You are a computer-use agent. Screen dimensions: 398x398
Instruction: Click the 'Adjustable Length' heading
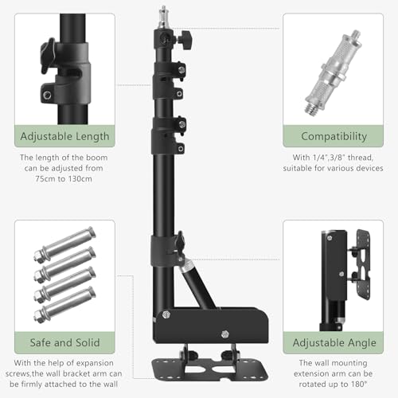point(64,136)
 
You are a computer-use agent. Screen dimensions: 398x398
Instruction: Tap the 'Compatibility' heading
point(334,136)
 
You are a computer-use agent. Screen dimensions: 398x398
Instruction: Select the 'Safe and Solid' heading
point(64,342)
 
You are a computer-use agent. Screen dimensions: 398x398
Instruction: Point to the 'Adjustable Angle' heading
point(334,343)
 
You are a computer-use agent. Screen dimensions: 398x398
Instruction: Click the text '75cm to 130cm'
point(64,179)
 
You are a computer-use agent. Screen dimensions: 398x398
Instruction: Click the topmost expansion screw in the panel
point(65,244)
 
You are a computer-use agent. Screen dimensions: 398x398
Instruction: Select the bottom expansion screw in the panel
point(65,305)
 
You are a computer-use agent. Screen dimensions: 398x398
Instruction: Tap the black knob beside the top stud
point(185,39)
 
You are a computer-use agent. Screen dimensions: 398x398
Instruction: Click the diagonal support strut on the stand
point(197,285)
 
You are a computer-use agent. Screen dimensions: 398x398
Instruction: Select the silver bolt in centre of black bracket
point(225,334)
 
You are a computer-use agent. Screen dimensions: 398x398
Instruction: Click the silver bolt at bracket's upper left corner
point(166,314)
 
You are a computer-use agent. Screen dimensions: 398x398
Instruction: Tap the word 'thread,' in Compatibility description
point(361,158)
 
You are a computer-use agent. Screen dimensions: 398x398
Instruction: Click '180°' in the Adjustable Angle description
point(360,384)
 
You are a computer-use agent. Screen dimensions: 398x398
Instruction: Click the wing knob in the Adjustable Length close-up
point(48,57)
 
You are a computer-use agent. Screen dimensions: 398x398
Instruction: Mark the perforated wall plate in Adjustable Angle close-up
point(363,265)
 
